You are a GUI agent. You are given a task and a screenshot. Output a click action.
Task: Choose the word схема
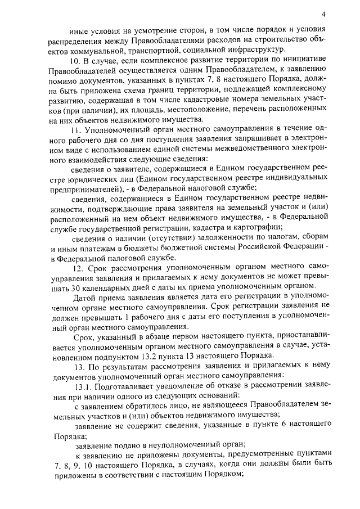coord(181,91)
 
